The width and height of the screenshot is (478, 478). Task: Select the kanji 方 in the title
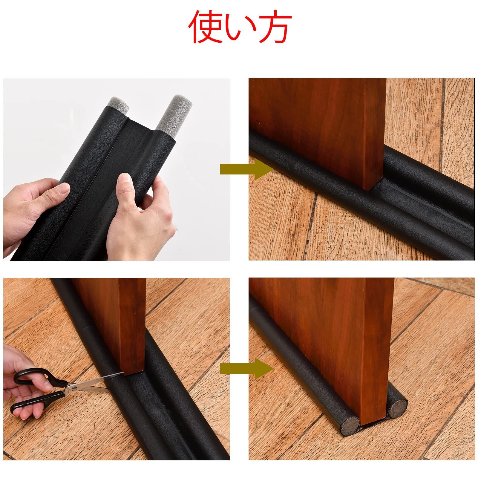273,28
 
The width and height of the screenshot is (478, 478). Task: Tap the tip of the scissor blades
123,373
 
